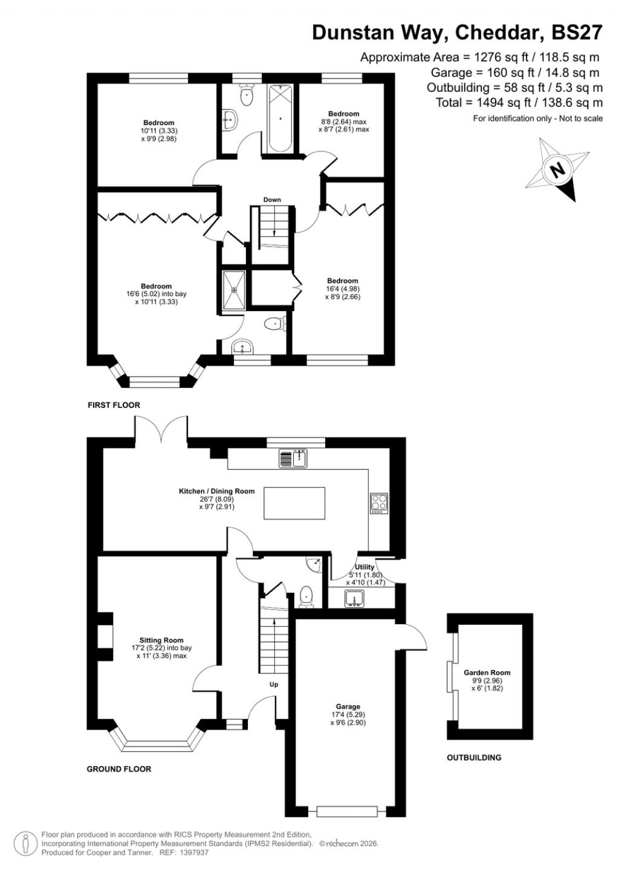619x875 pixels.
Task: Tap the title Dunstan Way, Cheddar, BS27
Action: [457, 32]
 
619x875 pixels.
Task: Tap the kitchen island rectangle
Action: [294, 503]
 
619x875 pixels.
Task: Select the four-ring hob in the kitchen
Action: [379, 503]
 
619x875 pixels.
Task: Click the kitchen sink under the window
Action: [294, 459]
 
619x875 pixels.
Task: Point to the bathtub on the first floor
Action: [280, 118]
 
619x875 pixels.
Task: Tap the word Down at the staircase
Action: [272, 200]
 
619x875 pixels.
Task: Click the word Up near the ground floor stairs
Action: [274, 685]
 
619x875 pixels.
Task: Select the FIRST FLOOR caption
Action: [114, 405]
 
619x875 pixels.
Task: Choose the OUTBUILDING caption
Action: [474, 757]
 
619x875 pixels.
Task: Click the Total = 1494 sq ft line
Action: [519, 103]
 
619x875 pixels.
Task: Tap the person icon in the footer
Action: [25, 843]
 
